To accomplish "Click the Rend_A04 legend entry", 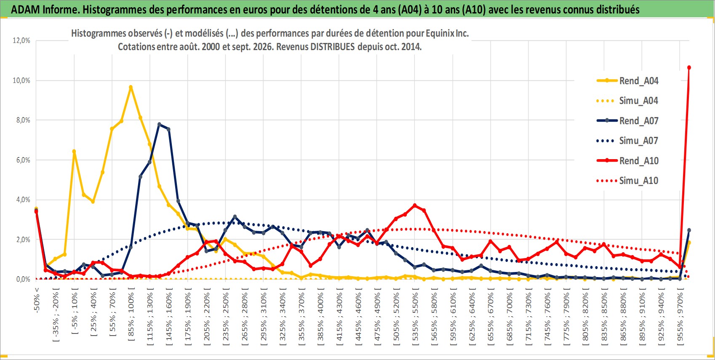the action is pos(627,81).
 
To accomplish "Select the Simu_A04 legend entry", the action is pos(627,101).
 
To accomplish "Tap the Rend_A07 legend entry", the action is pos(627,121).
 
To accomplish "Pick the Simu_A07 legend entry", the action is pos(627,141).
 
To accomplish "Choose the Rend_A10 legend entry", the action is pos(627,160).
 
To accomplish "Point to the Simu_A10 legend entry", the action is pos(627,181).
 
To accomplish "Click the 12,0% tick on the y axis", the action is pos(21,40).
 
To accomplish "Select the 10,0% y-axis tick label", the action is pos(21,80).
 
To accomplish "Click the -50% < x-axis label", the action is pos(36,300).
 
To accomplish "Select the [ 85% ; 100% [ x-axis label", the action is pos(131,315).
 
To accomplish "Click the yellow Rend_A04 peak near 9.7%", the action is pos(131,87).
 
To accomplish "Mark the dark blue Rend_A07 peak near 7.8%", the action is pos(159,124).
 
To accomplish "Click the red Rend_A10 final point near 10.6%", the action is pos(689,68).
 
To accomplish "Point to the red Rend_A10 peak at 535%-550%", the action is pos(415,205).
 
